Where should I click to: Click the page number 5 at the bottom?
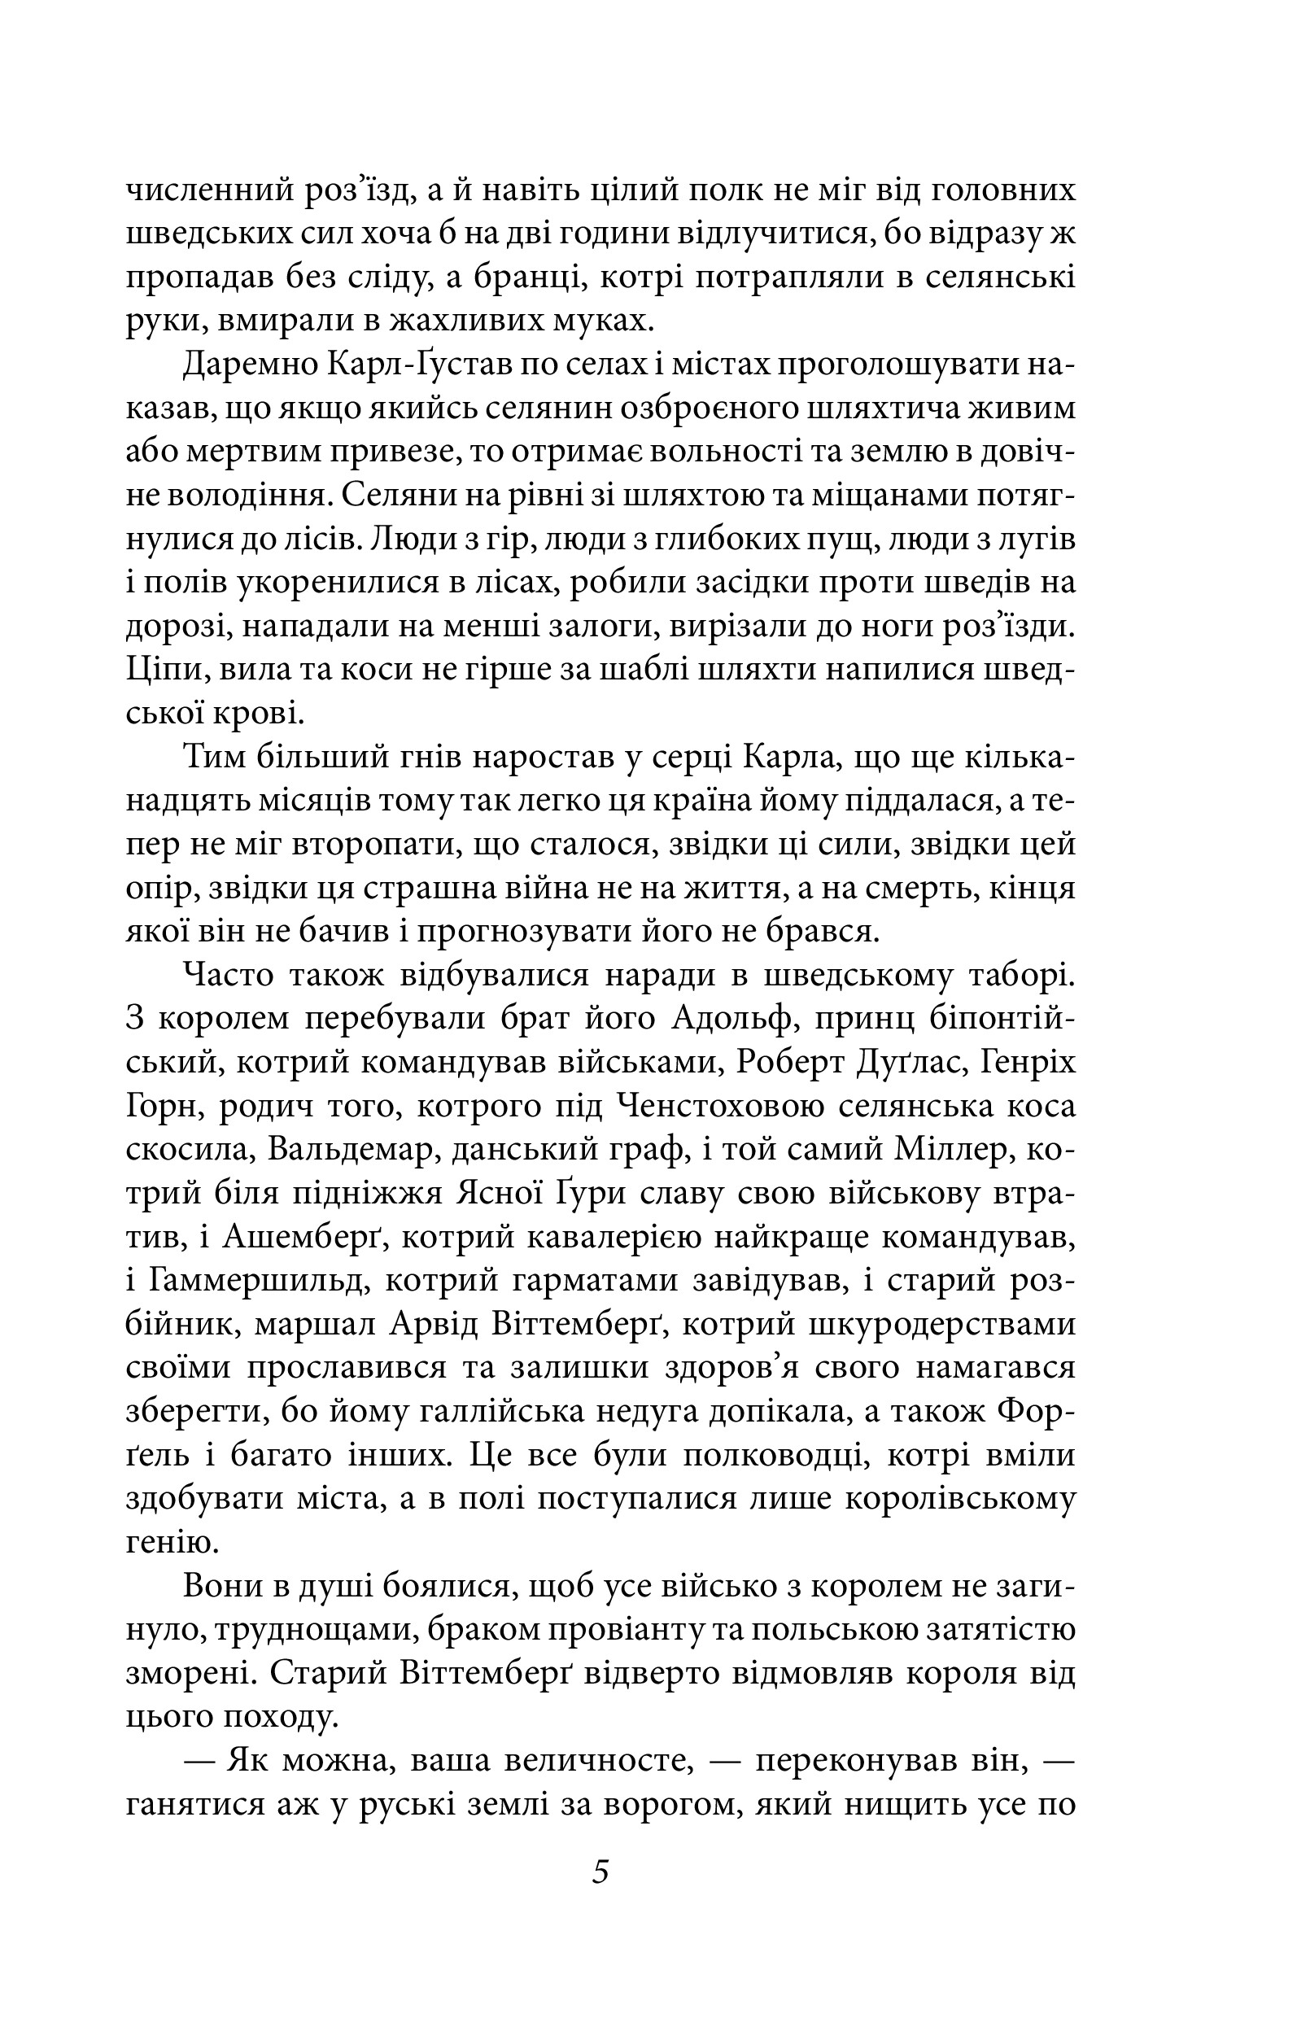tap(600, 1872)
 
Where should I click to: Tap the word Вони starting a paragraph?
tap(222, 1588)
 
